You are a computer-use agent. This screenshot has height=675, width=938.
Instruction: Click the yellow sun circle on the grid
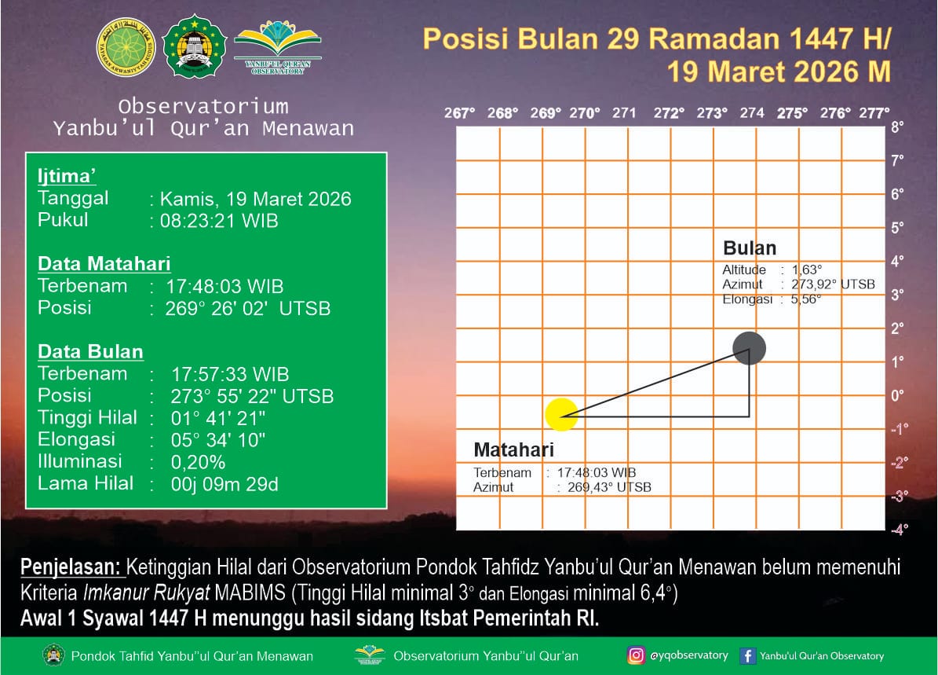coord(561,414)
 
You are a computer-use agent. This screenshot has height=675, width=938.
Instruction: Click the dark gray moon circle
coord(749,348)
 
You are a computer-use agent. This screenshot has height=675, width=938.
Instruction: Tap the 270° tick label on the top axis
coord(585,113)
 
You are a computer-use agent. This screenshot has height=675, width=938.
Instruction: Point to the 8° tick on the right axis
coord(896,127)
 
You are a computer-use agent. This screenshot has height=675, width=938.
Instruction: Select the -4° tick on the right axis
coord(899,530)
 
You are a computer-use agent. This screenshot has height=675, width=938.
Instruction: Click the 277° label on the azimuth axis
coord(874,113)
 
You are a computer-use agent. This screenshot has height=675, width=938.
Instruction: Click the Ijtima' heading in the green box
coord(67,176)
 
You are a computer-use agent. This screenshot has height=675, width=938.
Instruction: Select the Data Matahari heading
coord(104,263)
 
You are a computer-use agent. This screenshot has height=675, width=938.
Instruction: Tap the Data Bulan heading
coord(90,351)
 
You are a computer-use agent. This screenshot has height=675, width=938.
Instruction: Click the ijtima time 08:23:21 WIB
coord(219,221)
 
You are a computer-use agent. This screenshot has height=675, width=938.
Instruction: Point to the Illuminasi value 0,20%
coord(198,462)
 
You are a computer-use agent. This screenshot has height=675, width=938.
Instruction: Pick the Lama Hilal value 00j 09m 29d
coord(224,484)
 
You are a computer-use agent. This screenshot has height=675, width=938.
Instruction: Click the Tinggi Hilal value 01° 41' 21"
coord(217,418)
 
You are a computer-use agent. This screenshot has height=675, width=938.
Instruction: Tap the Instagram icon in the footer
coord(636,655)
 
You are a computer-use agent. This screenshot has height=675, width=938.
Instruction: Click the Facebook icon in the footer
coord(747,656)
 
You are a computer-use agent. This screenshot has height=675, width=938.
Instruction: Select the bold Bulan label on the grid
coord(750,248)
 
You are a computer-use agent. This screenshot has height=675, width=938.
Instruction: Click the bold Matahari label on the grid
coord(514,449)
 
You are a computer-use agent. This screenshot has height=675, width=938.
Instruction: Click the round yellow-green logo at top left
coord(126,47)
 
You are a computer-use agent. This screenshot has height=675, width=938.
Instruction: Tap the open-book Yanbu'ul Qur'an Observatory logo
coord(278,47)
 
